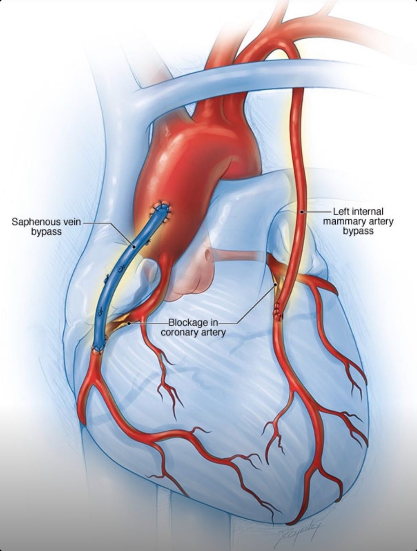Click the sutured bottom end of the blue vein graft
pyautogui.click(x=99, y=349)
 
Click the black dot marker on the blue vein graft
pyautogui.click(x=134, y=247)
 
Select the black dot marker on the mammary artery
pyautogui.click(x=302, y=212)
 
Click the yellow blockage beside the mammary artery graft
pyautogui.click(x=276, y=286)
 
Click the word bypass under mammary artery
pyautogui.click(x=358, y=231)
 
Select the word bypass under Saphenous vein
pyautogui.click(x=46, y=232)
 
